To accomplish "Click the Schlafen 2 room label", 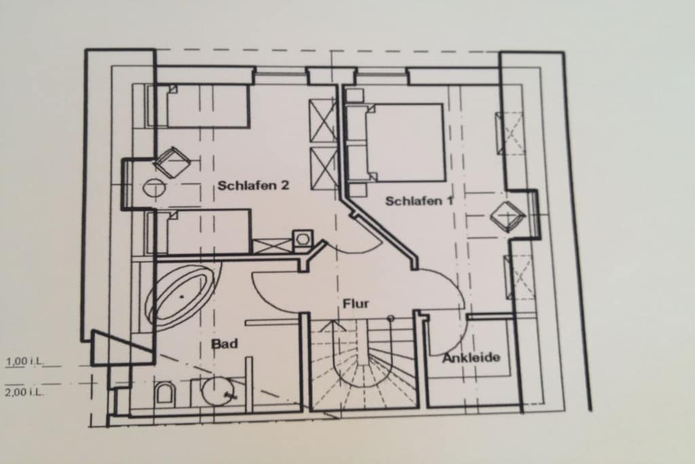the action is (x=253, y=185).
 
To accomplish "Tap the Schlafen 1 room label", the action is (x=419, y=201).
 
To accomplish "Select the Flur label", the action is (x=356, y=304).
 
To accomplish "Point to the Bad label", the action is (x=224, y=343).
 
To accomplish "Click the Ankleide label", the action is (x=471, y=357).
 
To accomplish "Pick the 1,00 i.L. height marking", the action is (x=25, y=361).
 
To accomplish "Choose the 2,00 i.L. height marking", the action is (x=24, y=392).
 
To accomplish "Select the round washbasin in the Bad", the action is (x=218, y=391).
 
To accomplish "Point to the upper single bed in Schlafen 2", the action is (x=199, y=106).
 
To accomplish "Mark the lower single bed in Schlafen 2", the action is (x=200, y=232).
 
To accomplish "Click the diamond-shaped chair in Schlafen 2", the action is (x=172, y=162).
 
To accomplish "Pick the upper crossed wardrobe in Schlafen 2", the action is (x=322, y=121).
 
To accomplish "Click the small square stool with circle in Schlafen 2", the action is (x=303, y=239).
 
